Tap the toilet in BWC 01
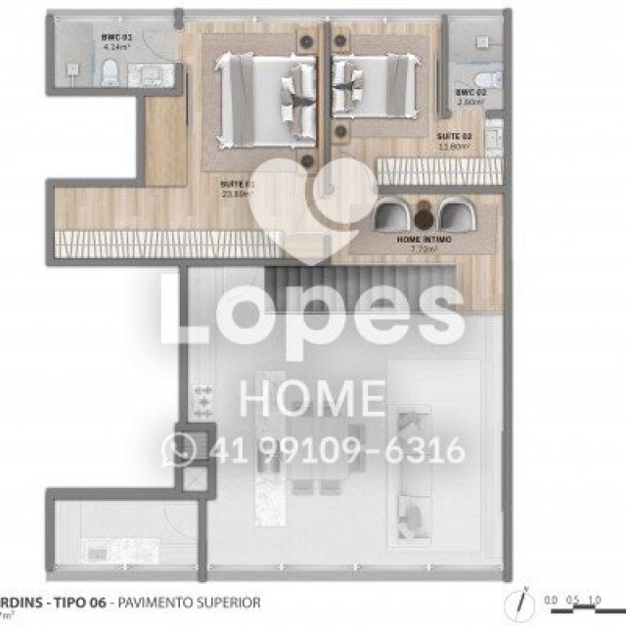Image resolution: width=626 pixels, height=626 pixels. [x=111, y=68]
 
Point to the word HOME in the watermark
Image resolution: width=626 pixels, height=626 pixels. [x=313, y=400]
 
